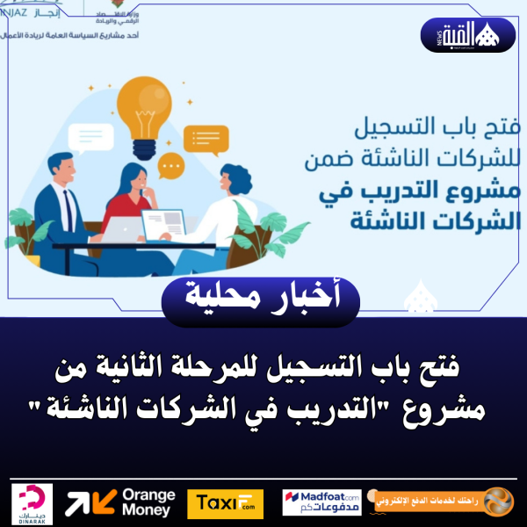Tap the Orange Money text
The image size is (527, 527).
[148, 502]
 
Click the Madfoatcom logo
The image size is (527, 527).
[321, 502]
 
